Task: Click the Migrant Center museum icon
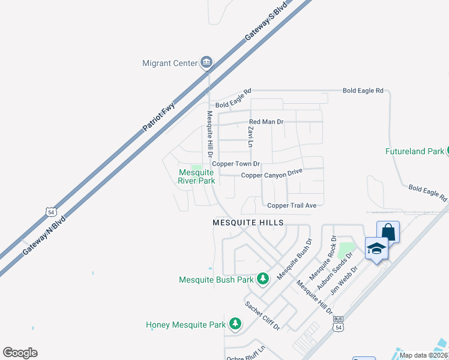206,62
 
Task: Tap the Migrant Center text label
170,63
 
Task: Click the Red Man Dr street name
266,122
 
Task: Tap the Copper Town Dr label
239,164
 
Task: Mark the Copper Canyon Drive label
271,175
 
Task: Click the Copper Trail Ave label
292,205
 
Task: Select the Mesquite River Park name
197,176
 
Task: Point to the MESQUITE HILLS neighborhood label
248,222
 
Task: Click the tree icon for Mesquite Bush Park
262,278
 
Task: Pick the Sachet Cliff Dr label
262,315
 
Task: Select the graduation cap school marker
376,248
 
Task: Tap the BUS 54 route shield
339,325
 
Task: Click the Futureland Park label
415,152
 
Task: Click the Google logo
20,353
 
